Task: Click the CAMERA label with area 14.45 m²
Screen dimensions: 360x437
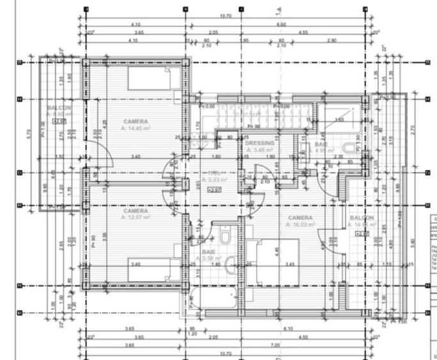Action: [x=136, y=121]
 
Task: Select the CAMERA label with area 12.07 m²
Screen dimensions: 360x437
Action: [x=136, y=211]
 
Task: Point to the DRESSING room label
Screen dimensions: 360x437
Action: [x=260, y=143]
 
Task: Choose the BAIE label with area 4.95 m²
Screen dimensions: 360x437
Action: [x=321, y=145]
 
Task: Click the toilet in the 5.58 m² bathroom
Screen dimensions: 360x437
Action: [x=225, y=238]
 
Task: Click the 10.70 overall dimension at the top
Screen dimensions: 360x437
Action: [x=225, y=16]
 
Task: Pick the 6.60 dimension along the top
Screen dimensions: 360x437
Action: [x=281, y=24]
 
